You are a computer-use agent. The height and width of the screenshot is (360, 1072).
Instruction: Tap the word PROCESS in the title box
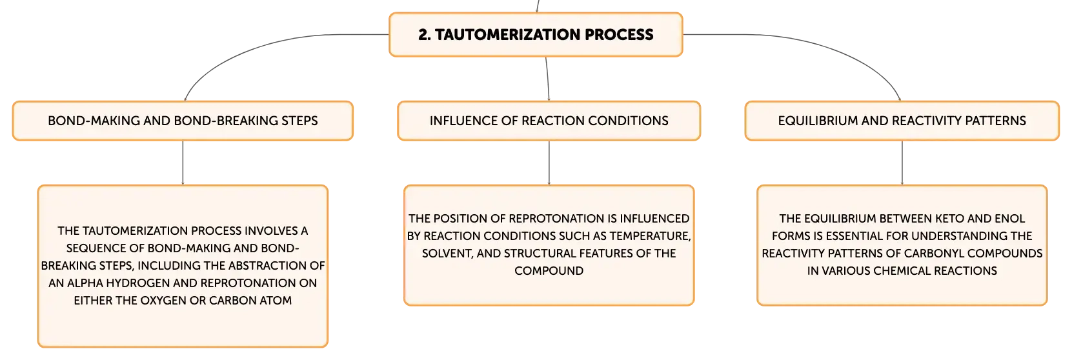(x=619, y=34)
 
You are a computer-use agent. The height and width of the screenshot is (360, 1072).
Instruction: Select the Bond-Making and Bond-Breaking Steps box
(x=183, y=121)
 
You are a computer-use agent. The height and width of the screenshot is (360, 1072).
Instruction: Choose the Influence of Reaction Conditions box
(x=549, y=121)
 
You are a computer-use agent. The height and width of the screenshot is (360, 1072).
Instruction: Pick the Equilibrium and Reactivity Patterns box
(x=902, y=121)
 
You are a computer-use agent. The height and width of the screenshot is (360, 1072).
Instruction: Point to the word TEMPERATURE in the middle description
(x=651, y=235)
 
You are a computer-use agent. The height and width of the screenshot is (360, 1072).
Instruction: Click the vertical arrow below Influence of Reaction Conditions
(x=549, y=163)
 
